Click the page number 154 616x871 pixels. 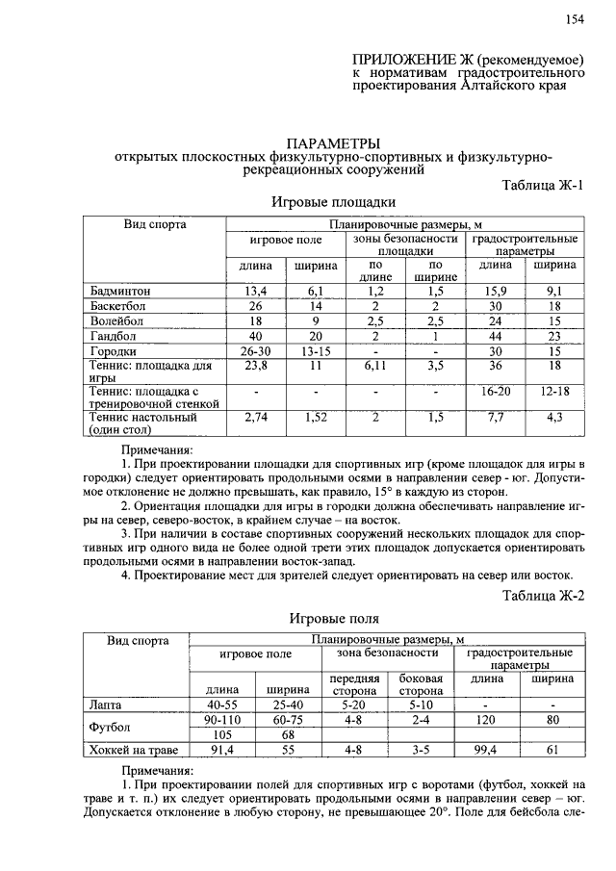[x=575, y=19]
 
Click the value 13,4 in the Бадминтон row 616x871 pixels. [x=255, y=290]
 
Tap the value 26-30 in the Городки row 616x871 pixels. [x=255, y=351]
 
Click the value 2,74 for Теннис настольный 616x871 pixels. [x=255, y=418]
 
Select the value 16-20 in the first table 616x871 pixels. [x=496, y=392]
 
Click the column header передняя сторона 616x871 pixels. [x=355, y=683]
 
